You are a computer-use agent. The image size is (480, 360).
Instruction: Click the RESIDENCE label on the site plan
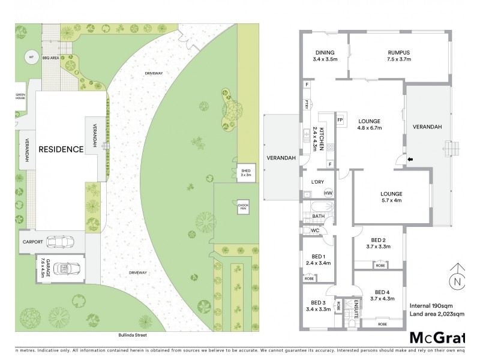(x=61, y=149)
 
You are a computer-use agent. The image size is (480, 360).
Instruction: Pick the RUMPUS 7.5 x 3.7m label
(x=398, y=56)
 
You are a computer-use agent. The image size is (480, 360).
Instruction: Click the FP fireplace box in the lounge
(x=340, y=119)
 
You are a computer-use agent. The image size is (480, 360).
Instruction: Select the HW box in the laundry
(x=328, y=193)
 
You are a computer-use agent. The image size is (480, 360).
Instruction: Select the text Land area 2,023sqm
(x=436, y=313)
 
